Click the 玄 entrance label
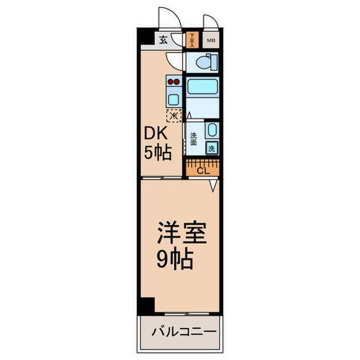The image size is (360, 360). coord(163,40)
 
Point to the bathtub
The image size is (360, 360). coord(203,86)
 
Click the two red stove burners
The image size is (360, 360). coord(173,81)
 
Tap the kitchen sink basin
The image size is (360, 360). coord(173,99)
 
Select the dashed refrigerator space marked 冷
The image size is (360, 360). coord(174,115)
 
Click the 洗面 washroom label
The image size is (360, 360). coord(193,139)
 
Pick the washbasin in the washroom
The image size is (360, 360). coord(212,130)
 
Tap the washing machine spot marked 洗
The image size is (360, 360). coord(211,149)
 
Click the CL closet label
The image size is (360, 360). coord(203,171)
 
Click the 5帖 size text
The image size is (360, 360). coord(157,153)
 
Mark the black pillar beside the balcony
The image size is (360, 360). coord(147,305)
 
